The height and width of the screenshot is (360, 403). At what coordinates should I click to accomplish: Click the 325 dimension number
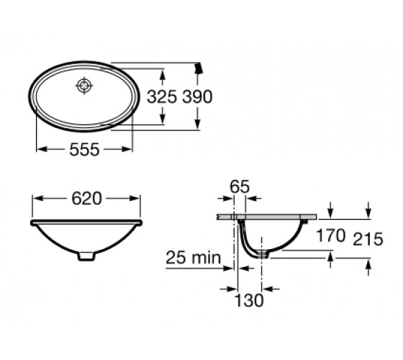[162, 97]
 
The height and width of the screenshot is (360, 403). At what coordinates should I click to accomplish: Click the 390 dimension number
[197, 97]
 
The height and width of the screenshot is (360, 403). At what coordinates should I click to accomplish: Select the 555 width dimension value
[84, 150]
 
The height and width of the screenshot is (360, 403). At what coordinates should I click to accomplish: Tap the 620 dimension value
[86, 199]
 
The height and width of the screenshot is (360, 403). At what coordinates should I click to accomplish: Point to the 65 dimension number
[240, 186]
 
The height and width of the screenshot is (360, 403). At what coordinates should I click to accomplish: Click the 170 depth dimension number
[330, 235]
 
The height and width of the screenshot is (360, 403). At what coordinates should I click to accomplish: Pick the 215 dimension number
[368, 239]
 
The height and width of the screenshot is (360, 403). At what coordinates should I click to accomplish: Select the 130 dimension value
[249, 300]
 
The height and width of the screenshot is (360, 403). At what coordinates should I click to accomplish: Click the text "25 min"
[194, 258]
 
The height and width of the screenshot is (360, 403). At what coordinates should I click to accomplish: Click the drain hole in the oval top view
[84, 86]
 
